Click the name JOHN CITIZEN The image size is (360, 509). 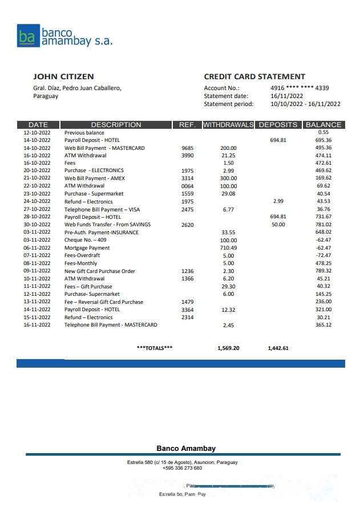point(63,76)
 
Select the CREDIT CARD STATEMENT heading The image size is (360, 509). point(254,76)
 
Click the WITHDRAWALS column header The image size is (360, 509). point(228,125)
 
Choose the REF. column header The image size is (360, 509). point(187,125)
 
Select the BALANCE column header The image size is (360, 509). point(323,125)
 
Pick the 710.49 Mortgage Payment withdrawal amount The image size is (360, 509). point(228,248)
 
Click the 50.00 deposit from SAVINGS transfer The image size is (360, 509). point(278,225)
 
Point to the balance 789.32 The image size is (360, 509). point(323,271)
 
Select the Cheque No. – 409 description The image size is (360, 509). point(86,240)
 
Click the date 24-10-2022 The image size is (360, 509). point(37,202)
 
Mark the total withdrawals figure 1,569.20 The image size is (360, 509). point(228,348)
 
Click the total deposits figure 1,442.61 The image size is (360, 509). point(278,348)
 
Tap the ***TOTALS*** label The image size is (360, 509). point(155,348)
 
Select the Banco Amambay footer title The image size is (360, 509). point(186,449)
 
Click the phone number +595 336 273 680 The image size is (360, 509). point(182,468)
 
